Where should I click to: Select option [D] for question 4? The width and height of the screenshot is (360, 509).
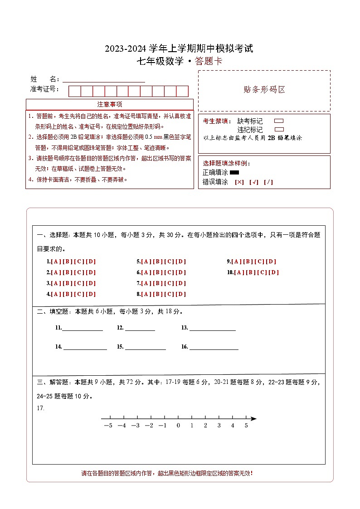pyautogui.click(x=91, y=294)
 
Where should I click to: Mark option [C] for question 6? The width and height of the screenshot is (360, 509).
pyautogui.click(x=170, y=272)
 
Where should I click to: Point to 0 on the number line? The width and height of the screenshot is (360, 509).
pyautogui.click(x=178, y=425)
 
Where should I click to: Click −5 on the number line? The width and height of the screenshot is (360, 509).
pyautogui.click(x=108, y=425)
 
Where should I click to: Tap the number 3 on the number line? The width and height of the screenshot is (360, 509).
pyautogui.click(x=219, y=425)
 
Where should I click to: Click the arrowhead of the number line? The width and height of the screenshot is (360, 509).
pyautogui.click(x=253, y=418)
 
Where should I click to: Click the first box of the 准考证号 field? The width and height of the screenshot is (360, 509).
pyautogui.click(x=74, y=91)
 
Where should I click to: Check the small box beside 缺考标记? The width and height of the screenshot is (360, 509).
pyautogui.click(x=279, y=121)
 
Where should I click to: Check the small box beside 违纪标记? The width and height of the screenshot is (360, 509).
pyautogui.click(x=279, y=129)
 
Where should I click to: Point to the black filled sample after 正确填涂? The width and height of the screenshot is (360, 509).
pyautogui.click(x=234, y=172)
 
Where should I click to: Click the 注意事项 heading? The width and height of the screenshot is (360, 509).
pyautogui.click(x=109, y=104)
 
